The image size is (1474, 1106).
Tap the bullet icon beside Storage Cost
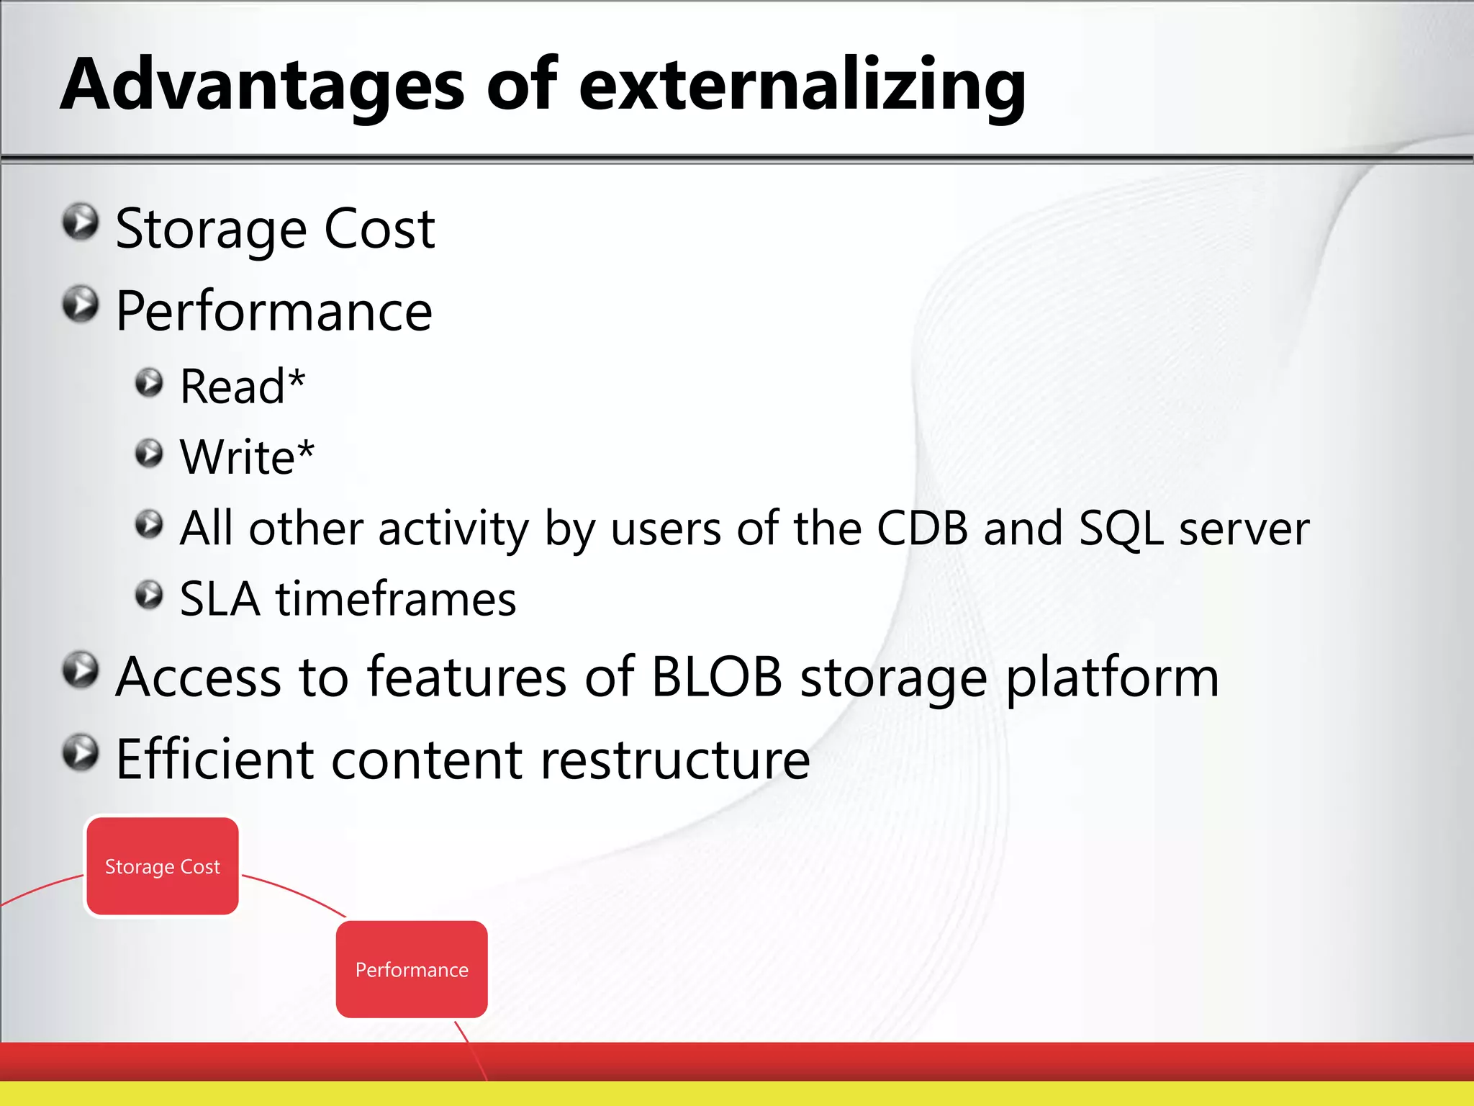point(80,222)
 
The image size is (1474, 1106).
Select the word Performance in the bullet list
point(274,311)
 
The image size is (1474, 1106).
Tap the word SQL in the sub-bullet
point(1121,529)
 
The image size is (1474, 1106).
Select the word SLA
point(220,599)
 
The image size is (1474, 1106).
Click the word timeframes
point(396,599)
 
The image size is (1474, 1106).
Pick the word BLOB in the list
point(716,677)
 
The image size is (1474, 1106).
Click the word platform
point(1111,678)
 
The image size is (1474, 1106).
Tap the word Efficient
point(214,760)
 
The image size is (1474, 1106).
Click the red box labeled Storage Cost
point(163,866)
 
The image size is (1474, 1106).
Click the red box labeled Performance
point(412,969)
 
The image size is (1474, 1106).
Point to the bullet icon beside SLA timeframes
point(149,595)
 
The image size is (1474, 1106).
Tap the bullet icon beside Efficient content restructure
point(80,753)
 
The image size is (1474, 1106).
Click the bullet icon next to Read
point(149,383)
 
